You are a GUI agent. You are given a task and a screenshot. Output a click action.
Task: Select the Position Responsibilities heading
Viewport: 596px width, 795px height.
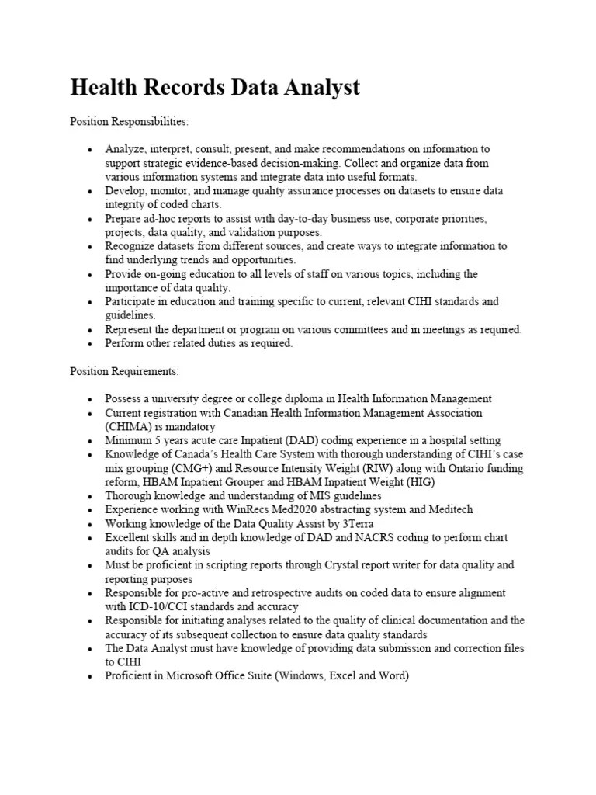tap(129, 122)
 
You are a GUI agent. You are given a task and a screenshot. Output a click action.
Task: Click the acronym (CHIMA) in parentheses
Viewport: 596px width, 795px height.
tap(130, 427)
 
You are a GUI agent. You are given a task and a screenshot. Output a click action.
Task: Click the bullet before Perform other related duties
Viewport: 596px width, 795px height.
tap(90, 344)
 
